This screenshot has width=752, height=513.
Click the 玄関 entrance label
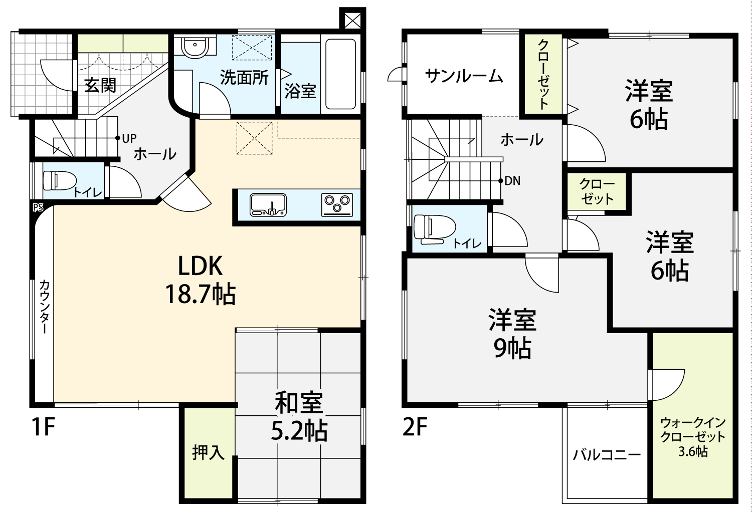100,85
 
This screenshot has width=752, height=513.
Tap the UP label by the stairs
129,138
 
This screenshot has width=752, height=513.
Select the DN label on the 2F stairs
512,181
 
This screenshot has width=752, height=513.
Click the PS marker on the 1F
38,208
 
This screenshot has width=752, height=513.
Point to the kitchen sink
268,205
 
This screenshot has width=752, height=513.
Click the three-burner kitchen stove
337,205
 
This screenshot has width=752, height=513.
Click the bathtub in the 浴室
340,74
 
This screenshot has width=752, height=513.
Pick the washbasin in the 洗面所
195,46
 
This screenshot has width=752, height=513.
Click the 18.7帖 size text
201,294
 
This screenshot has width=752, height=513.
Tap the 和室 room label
299,402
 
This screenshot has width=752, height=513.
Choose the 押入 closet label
208,452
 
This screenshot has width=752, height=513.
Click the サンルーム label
464,76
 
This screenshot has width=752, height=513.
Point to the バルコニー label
607,455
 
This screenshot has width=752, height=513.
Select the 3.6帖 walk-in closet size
693,452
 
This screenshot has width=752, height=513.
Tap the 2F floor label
415,427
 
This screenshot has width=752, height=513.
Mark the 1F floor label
43,427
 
